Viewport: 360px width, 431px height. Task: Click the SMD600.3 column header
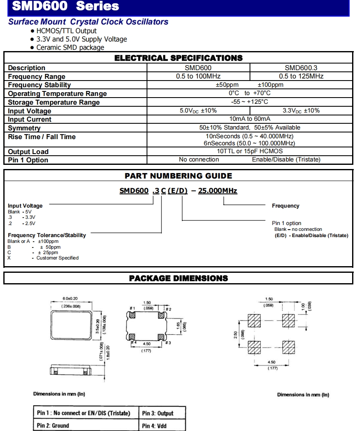(301, 68)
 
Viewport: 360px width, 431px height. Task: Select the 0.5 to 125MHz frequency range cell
(301, 76)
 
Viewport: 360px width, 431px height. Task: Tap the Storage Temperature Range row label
(54, 102)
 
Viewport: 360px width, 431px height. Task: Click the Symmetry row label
(24, 128)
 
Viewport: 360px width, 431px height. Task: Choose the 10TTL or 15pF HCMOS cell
(250, 152)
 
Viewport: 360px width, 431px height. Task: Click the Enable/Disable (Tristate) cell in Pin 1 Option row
(286, 160)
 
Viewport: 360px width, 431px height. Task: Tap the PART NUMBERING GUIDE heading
(179, 176)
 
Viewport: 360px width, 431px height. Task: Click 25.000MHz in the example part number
(218, 191)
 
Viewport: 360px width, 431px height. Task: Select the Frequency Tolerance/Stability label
(47, 235)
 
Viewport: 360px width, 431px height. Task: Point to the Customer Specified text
(57, 258)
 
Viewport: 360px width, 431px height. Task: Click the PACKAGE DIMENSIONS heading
(179, 278)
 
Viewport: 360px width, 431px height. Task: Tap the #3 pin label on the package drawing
(168, 343)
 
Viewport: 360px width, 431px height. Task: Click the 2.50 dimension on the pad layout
(236, 335)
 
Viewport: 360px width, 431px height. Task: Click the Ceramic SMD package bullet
(70, 47)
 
